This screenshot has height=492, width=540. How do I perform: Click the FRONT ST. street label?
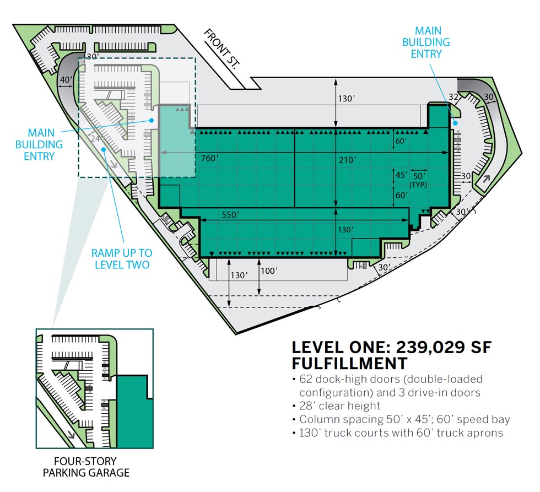coord(222,49)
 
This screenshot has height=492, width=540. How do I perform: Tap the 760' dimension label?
coord(210,158)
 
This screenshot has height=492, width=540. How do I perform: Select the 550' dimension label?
coord(230,215)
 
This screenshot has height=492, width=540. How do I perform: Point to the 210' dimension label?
coord(347,160)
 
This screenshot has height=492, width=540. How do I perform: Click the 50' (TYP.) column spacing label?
coord(418,180)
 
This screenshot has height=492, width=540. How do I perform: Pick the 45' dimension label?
coord(401,175)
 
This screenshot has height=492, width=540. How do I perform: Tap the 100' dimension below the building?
coord(269,271)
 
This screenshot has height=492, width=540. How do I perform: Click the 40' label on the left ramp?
coord(66,80)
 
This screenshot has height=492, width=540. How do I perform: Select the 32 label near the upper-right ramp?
coord(453,97)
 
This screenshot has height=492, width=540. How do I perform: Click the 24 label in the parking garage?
coord(95,138)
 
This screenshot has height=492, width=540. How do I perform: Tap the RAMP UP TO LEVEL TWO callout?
coord(122,258)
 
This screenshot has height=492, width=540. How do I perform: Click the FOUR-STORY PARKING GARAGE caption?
coord(86,467)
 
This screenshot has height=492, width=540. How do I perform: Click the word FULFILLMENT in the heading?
coord(349,363)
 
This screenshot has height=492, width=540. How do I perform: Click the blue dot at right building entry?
coord(455,123)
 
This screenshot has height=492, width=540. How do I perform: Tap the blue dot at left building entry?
coord(151,120)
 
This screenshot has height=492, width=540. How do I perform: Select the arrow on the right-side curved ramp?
coord(486,179)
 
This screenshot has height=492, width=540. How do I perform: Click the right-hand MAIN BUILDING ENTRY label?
coord(426,42)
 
